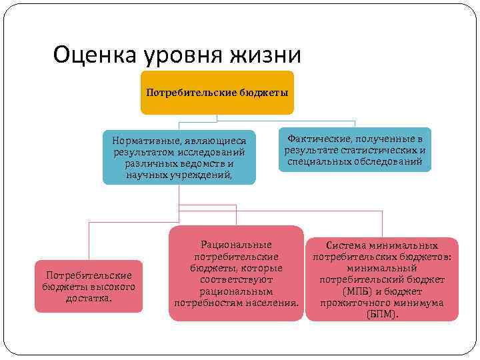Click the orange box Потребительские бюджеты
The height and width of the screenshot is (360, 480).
pyautogui.click(x=218, y=93)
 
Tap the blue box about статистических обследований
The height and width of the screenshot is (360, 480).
pyautogui.click(x=355, y=150)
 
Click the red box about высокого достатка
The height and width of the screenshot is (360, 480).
pyautogui.click(x=89, y=287)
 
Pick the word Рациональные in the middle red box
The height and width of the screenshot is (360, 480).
pyautogui.click(x=236, y=245)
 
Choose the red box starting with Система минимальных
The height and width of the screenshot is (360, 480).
pyautogui.click(x=381, y=279)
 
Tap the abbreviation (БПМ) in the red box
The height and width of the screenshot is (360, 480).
pyautogui.click(x=382, y=314)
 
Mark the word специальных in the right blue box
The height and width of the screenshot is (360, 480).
pyautogui.click(x=315, y=161)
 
